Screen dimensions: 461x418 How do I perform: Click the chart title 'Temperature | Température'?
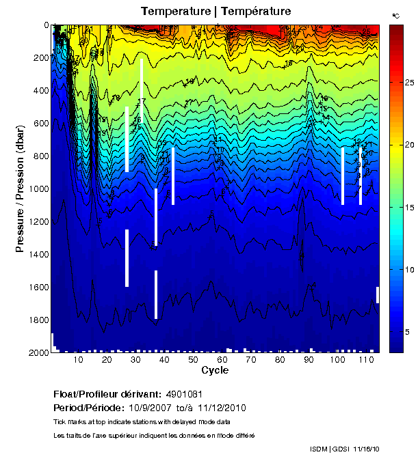[x=215, y=11]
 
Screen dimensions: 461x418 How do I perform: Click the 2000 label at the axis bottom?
[x=39, y=353]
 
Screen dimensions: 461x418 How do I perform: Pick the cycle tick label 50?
[x=194, y=360]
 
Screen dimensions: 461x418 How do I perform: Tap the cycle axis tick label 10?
[x=78, y=360]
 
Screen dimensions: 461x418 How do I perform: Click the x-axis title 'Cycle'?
[x=215, y=370]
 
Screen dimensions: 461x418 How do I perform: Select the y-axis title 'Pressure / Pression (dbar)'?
[x=20, y=188]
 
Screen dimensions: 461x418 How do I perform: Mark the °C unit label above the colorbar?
[x=395, y=15]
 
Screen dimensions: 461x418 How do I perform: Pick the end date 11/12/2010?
[x=221, y=408]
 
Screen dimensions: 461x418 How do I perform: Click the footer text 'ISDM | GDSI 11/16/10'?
[x=346, y=449]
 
